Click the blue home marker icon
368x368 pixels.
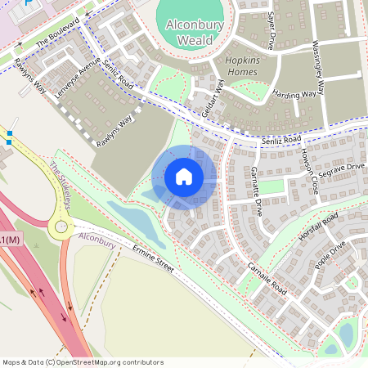point(184,176)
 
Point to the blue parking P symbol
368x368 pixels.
point(30,3)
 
